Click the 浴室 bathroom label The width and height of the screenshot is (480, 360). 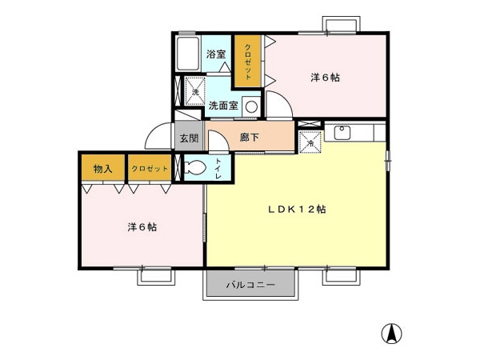216,54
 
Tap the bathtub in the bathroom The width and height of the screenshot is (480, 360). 188,54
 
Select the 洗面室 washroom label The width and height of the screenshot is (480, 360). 223,106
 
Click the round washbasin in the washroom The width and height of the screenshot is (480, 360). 252,107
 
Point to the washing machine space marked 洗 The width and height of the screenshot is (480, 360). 195,91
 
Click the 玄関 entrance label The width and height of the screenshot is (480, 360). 189,138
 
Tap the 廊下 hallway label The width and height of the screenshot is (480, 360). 249,138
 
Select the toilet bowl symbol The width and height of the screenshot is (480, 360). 195,168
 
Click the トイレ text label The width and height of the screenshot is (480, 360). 218,168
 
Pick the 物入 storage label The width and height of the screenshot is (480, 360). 103,169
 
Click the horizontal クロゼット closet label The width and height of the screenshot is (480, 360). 150,169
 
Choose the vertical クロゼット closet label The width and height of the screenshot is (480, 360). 248,62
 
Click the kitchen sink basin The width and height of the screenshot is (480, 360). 342,133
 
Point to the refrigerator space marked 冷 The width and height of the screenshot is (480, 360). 310,142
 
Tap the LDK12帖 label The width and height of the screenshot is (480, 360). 297,210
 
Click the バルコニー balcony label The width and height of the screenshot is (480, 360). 250,286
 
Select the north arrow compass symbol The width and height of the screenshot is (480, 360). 391,333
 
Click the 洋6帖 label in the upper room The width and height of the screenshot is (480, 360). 325,78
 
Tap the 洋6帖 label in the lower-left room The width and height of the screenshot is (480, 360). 142,227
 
